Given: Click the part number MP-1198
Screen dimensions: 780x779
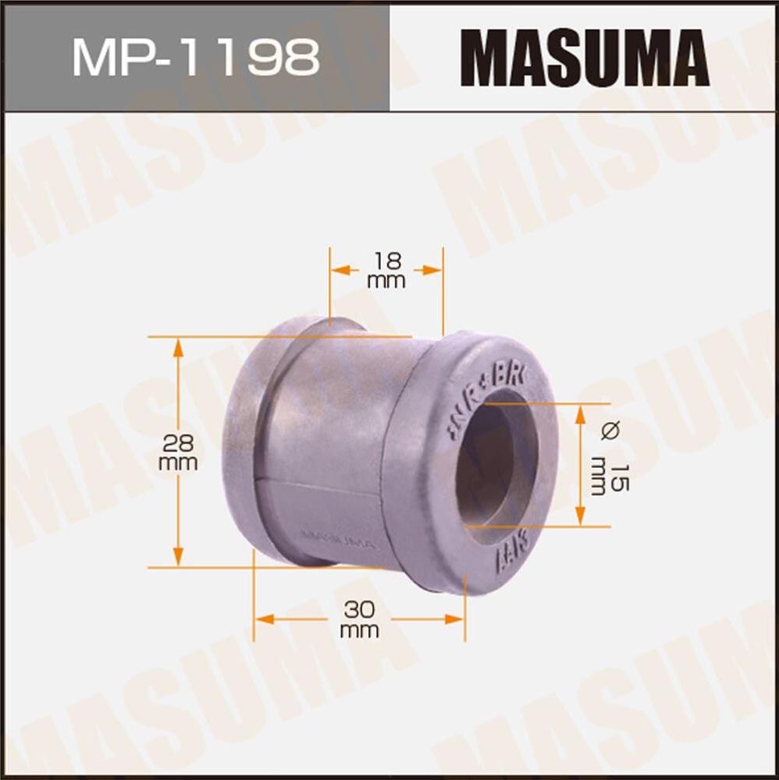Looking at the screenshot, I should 195,55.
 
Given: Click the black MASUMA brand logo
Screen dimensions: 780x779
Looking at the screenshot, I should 585,56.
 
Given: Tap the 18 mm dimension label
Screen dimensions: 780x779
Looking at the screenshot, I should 386,271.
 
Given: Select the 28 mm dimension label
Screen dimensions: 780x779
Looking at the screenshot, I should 178,453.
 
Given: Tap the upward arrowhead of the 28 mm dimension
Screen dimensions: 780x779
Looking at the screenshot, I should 179,346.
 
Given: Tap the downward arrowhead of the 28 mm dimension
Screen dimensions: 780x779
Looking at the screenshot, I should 179,557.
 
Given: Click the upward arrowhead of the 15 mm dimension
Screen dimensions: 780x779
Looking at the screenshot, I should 581,413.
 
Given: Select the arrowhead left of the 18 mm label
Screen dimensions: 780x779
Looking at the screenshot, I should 340,270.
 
